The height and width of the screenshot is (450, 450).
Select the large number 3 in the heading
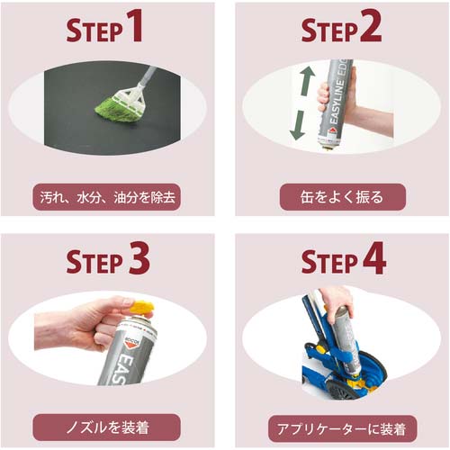coord(139,258)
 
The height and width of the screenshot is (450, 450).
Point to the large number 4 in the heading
coord(374,258)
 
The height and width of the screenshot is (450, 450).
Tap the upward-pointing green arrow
coord(307,80)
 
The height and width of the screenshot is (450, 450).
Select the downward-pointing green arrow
coord(298,125)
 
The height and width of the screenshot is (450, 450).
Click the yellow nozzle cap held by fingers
coord(142,308)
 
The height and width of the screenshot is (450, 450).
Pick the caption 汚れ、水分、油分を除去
coord(107,197)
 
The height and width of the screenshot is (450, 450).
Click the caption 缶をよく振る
coord(342,197)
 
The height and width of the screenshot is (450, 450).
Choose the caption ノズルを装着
coord(107,427)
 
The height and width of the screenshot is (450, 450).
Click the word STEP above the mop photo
coord(94,31)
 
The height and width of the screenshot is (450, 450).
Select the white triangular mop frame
coord(130,94)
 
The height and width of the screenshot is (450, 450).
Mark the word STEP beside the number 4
coord(330,262)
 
